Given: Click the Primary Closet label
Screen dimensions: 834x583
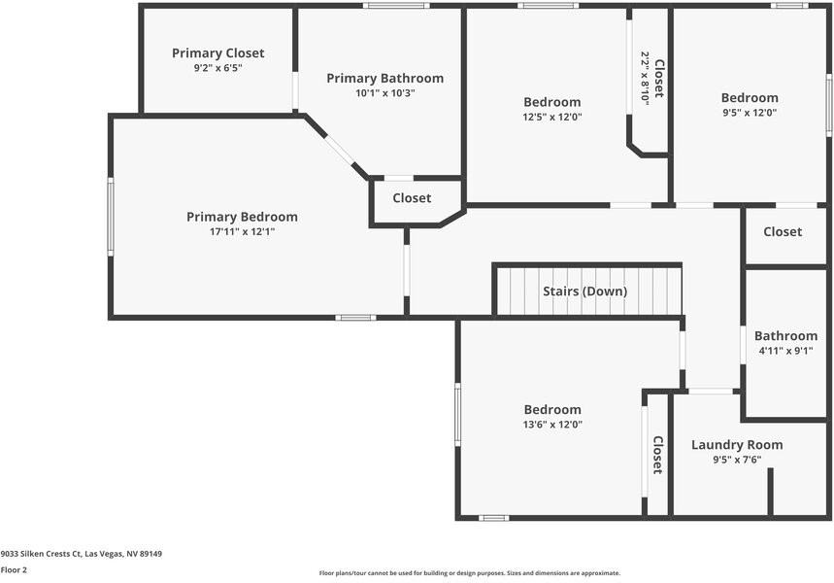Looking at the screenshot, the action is click(x=218, y=53).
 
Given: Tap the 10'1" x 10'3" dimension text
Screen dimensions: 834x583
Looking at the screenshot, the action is click(x=385, y=93).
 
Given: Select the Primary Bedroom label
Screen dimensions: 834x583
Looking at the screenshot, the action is click(x=242, y=218).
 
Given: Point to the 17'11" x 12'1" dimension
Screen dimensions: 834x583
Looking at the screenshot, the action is click(x=242, y=231).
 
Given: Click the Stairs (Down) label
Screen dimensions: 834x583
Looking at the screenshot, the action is click(x=585, y=291).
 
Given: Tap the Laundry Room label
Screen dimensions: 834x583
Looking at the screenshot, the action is click(x=737, y=445).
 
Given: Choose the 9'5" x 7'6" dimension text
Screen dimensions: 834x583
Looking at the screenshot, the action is click(x=737, y=460).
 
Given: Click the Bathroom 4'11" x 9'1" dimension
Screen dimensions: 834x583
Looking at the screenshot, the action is click(x=785, y=351).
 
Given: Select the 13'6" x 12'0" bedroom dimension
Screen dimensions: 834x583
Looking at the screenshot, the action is click(x=552, y=425).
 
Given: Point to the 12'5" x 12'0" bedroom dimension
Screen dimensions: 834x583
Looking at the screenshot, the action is click(x=552, y=117).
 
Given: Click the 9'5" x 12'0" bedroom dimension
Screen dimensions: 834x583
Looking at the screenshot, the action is click(x=750, y=113).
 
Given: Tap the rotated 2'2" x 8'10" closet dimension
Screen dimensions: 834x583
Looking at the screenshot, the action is click(x=645, y=79).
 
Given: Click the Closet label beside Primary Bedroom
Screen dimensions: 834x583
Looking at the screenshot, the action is click(x=412, y=198).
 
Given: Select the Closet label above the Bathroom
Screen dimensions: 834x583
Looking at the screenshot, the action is click(x=783, y=231).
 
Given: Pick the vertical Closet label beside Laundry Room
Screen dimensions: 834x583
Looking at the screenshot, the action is click(x=658, y=455).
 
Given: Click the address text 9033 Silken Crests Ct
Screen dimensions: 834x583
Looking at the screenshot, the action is click(x=41, y=554).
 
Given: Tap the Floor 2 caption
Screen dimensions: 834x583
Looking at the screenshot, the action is click(x=14, y=570).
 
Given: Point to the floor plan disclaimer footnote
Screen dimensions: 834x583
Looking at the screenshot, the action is click(x=470, y=573).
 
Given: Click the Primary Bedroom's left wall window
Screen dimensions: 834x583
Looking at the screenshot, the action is click(x=111, y=217).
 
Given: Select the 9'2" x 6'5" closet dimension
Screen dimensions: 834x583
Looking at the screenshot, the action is click(x=218, y=68).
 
